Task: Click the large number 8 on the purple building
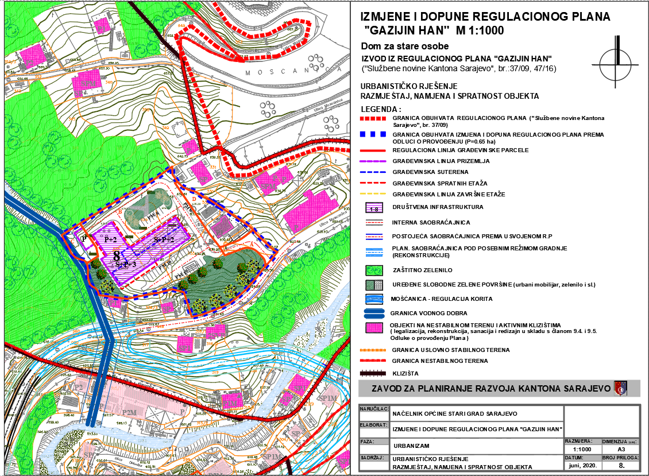click(117, 256)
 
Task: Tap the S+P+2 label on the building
click(164, 239)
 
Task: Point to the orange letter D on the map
click(194, 199)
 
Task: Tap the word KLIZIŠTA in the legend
click(405, 373)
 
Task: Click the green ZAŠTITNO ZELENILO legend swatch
click(374, 269)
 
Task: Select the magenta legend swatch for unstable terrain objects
click(374, 328)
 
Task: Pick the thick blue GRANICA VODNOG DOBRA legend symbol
click(374, 313)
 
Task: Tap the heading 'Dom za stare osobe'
click(404, 46)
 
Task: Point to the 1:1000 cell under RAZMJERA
click(582, 450)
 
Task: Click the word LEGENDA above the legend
click(380, 109)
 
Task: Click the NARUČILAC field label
click(373, 409)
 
